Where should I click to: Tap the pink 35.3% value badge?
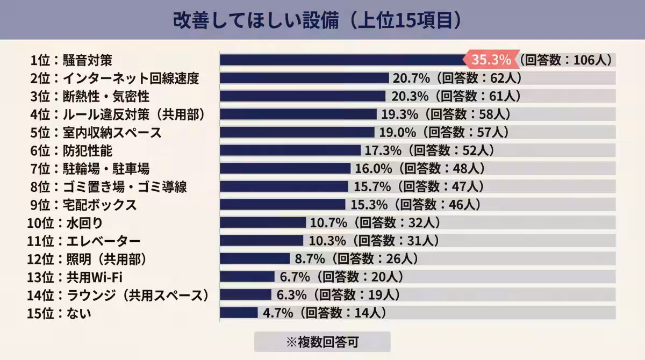pos(491,60)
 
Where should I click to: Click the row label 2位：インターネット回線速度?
pos(114,78)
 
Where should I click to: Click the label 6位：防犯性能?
pos(71,150)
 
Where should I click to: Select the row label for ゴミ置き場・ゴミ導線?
pos(109,187)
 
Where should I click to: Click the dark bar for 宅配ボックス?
pos(282,205)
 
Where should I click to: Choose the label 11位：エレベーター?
pos(83,241)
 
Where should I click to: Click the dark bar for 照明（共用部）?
pos(255,258)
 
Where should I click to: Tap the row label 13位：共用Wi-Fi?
pos(75,277)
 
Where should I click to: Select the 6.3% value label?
pos(291,294)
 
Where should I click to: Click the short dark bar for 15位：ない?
pos(239,313)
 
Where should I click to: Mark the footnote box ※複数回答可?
pos(322,342)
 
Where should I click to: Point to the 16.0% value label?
pos(374,169)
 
